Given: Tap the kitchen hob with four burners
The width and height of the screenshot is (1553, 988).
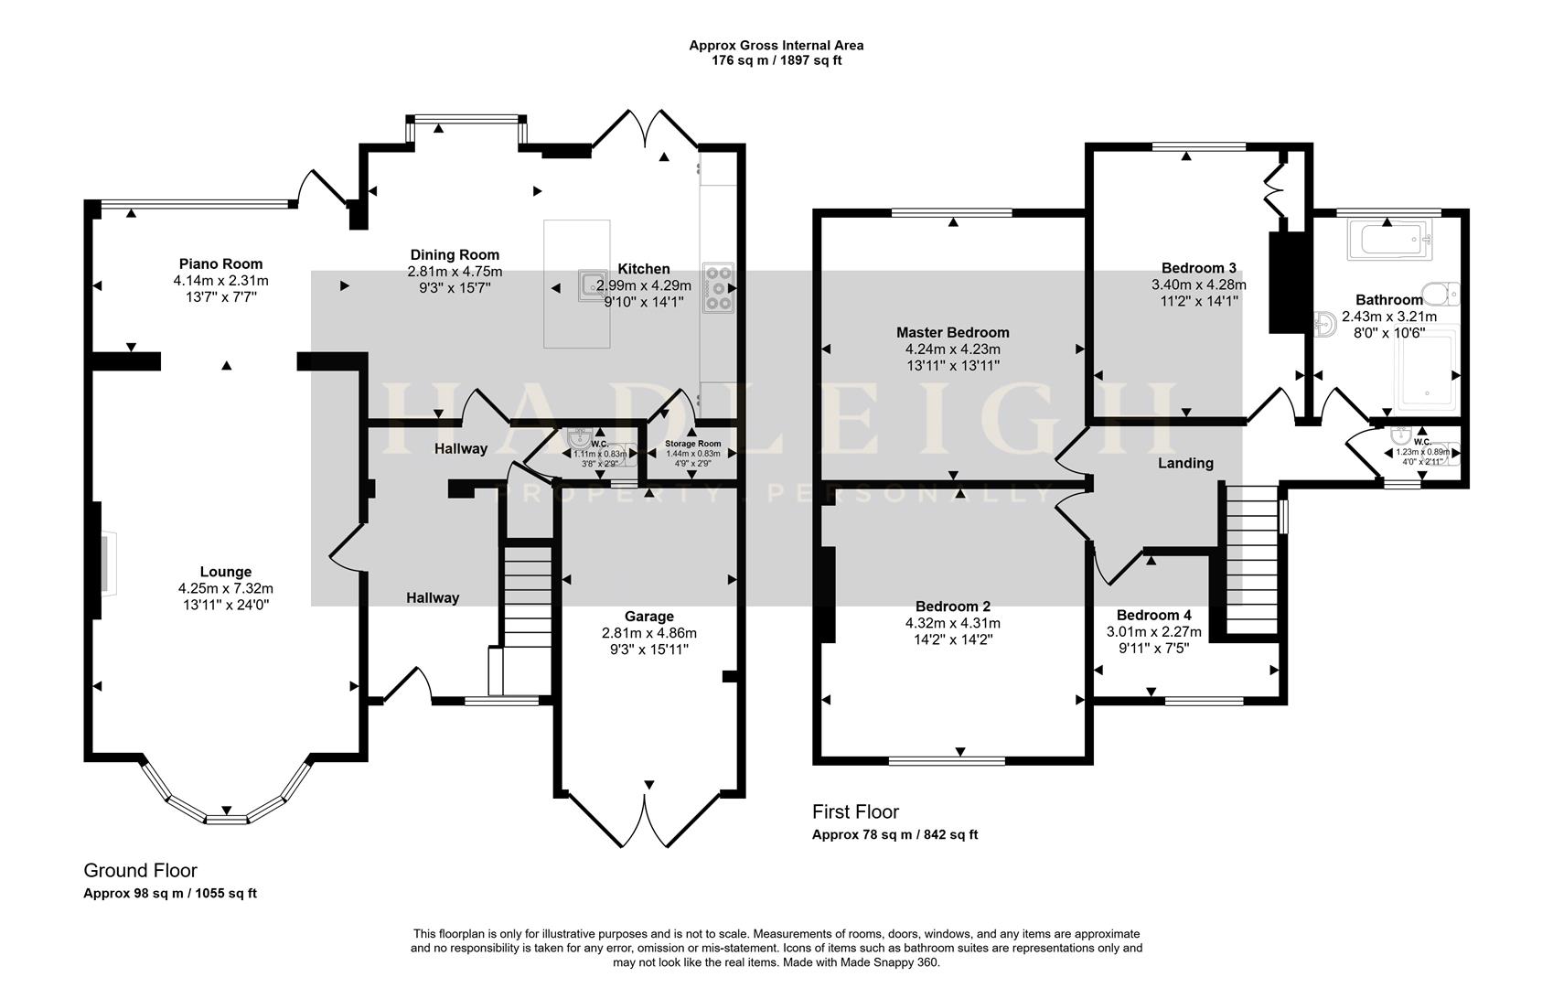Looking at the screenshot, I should pos(718,287).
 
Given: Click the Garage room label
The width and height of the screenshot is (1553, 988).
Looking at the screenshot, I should pos(649,617).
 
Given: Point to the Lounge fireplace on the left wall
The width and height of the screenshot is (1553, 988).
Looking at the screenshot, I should pos(104,564).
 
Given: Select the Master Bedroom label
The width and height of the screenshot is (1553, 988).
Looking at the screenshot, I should pos(952,332).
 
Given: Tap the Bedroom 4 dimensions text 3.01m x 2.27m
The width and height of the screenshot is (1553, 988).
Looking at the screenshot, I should pos(1153,632).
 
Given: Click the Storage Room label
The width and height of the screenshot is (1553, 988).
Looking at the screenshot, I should pos(692,444).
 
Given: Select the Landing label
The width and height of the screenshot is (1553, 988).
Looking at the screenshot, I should pos(1185,463).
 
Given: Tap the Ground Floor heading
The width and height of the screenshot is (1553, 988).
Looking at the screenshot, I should pos(140,870).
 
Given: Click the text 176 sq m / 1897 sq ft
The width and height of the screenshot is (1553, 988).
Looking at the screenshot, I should pos(776,60).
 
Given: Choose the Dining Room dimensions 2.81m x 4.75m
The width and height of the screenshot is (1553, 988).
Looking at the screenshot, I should pos(455,272).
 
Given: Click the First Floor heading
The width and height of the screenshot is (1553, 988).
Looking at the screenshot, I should pos(855,811).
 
